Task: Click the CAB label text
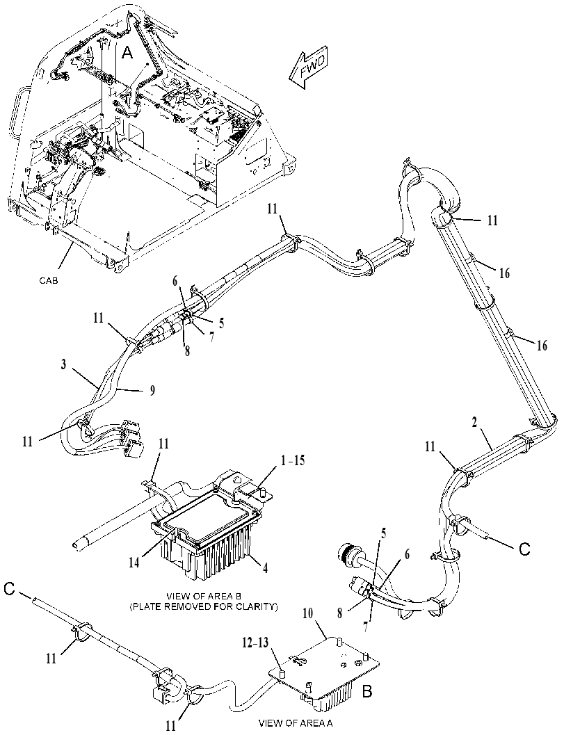(49, 281)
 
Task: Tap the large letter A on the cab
(127, 54)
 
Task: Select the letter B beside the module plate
(367, 690)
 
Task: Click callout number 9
(152, 389)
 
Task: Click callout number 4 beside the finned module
(265, 569)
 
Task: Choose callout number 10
(319, 612)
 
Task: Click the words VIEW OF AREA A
(296, 722)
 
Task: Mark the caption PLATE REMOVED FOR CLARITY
(204, 607)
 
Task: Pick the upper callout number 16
(504, 273)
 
